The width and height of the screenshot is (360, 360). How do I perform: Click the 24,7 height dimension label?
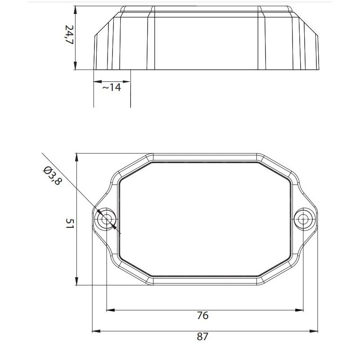click(69, 35)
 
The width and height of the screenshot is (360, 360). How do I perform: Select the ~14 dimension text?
click(111, 87)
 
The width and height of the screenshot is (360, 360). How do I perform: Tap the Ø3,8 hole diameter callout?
click(52, 175)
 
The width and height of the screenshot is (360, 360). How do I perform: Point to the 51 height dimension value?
click(70, 223)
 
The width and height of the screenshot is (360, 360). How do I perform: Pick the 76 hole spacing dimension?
click(203, 315)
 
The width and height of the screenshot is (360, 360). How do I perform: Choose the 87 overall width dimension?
click(202, 337)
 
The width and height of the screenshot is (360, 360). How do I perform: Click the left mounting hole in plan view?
click(106, 219)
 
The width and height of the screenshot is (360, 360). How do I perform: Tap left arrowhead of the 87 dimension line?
click(96, 331)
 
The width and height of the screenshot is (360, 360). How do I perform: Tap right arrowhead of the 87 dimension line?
click(314, 331)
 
